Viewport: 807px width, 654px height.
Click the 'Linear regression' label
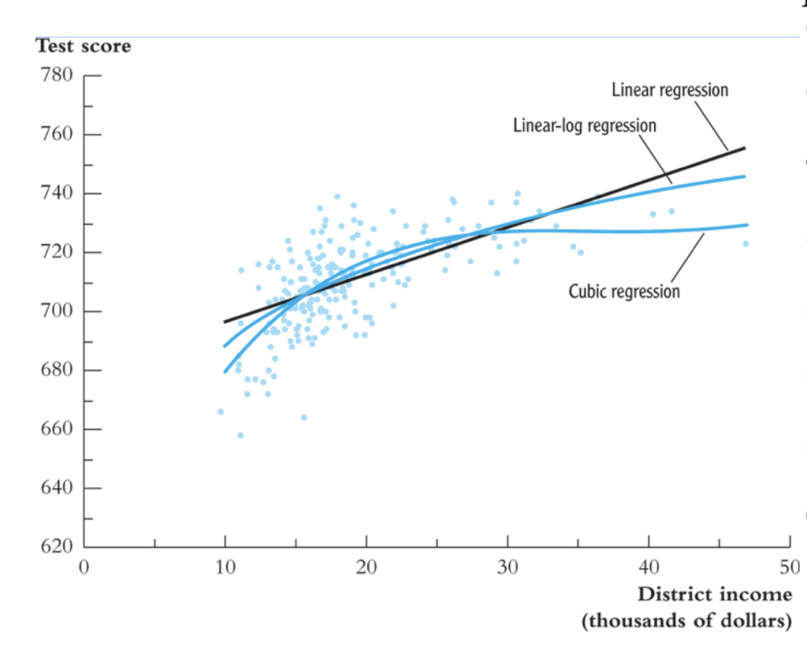670,90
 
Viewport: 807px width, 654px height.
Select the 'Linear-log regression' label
584,125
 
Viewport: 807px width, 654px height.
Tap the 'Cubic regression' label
624,292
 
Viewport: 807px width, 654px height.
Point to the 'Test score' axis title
84,46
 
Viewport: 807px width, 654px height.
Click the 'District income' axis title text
714,593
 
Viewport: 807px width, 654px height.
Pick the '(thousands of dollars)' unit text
686,621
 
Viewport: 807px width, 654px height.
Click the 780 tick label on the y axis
57,76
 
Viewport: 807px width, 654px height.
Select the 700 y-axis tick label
57,311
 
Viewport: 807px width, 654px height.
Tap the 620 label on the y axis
57,547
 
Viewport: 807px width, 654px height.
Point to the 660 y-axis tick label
57,429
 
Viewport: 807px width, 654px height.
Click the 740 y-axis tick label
57,193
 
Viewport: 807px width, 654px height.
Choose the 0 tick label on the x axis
84,567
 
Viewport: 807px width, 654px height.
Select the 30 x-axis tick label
508,567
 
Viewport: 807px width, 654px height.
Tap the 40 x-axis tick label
649,567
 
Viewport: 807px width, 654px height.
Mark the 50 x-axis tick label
789,567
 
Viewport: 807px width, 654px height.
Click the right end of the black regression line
744,148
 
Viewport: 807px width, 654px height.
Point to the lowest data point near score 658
240,435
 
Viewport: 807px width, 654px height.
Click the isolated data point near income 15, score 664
304,417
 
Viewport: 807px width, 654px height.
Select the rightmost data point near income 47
746,243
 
